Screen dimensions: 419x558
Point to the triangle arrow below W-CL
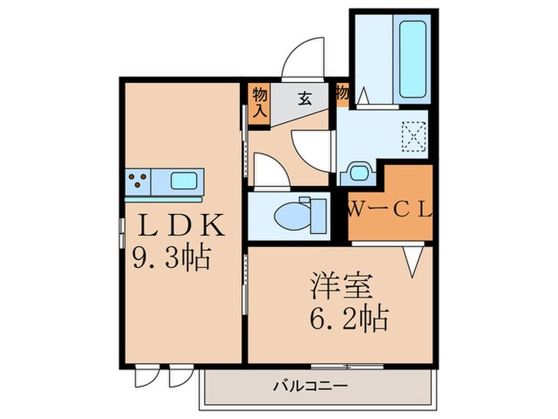412,260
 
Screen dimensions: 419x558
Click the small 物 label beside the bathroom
343,93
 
